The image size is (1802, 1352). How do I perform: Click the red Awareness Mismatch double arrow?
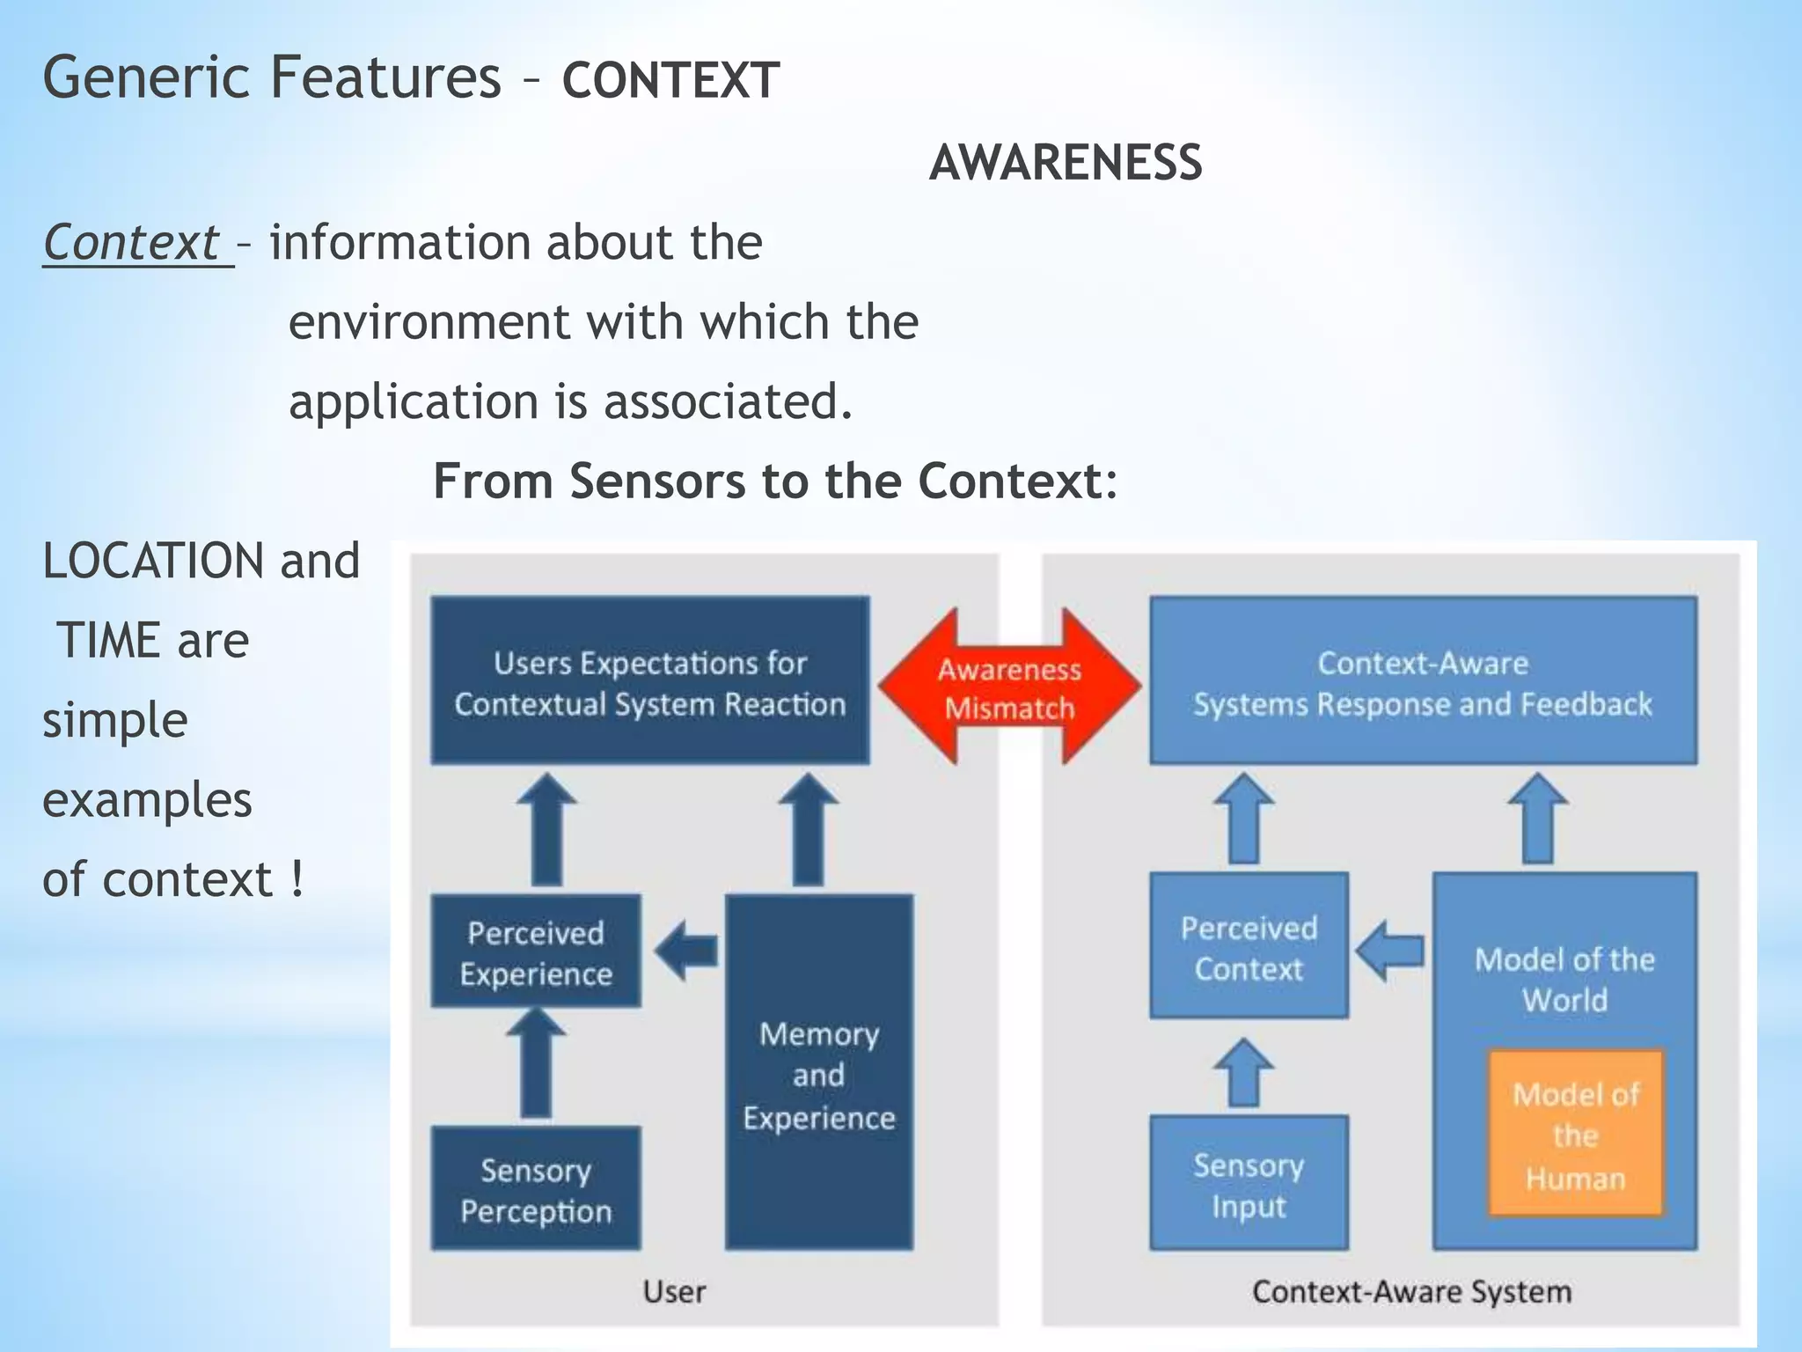[1009, 687]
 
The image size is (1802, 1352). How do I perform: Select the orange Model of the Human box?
[1575, 1135]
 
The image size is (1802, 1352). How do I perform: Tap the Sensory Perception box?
[536, 1189]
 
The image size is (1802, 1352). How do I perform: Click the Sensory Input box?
[1249, 1184]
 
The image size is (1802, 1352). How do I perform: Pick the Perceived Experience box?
[536, 952]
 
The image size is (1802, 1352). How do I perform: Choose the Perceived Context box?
[1249, 947]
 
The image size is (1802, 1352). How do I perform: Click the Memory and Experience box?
[818, 1074]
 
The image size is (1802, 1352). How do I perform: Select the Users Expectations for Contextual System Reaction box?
[649, 681]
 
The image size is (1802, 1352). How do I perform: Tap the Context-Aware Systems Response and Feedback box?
[1423, 681]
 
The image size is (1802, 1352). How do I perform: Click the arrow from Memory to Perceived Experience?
[687, 951]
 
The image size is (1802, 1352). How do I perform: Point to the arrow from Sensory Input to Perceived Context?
[1244, 1073]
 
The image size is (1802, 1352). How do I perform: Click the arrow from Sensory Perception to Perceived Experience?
[536, 1063]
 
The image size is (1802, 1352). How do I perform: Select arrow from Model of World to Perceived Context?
[1390, 951]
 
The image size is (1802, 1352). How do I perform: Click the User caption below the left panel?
[674, 1291]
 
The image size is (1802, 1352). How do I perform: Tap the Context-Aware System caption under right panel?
[1411, 1291]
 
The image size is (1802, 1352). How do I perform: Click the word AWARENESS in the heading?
[1066, 163]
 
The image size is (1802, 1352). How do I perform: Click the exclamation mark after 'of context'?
[297, 879]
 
